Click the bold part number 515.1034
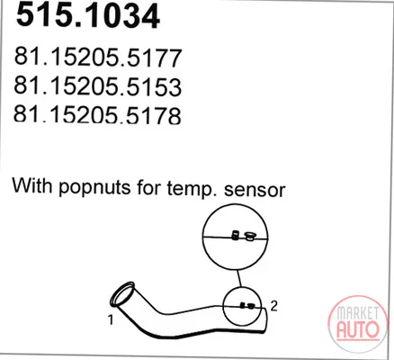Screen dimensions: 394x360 87,16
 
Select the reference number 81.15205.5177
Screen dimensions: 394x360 98,58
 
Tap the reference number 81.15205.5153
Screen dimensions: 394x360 97,86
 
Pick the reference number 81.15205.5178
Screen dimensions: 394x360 97,114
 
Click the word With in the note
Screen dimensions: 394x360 32,185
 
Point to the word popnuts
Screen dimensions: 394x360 94,187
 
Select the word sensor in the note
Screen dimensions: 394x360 255,190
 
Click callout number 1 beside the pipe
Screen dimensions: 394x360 111,319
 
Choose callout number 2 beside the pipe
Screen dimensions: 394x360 273,306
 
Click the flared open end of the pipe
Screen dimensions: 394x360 122,294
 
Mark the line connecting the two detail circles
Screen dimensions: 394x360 238,278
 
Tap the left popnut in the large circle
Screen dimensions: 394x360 236,235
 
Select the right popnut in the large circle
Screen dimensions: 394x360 249,236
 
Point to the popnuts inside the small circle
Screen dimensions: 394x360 247,306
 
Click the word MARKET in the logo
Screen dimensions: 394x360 357,313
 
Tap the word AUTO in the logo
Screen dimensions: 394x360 358,329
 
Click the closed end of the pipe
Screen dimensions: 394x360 265,320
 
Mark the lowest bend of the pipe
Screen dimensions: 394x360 168,337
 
